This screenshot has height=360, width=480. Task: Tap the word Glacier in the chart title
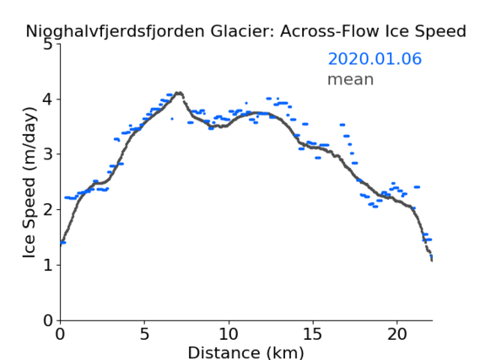[241, 31]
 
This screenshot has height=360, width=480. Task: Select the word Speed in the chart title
[445, 32]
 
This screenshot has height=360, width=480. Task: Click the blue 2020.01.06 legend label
[375, 59]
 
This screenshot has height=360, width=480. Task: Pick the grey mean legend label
[351, 79]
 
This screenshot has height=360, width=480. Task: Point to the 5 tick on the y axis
[48, 45]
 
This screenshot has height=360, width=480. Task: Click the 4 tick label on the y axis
[48, 99]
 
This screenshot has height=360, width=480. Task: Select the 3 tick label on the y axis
[48, 154]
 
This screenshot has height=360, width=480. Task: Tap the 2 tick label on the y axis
[48, 210]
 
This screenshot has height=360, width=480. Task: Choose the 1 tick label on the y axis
[48, 265]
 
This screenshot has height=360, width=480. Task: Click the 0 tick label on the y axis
[48, 320]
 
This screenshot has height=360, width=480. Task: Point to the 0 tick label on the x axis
[60, 334]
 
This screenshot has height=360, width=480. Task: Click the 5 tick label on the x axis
[144, 334]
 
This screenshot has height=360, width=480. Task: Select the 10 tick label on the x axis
[229, 334]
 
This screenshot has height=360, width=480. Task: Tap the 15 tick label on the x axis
[313, 334]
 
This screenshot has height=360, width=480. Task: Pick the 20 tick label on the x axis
[396, 334]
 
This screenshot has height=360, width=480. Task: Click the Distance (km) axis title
[245, 352]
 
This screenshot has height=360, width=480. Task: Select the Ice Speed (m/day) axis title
[30, 182]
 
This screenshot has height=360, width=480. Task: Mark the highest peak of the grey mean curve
[179, 93]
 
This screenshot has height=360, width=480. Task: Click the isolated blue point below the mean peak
[172, 119]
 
